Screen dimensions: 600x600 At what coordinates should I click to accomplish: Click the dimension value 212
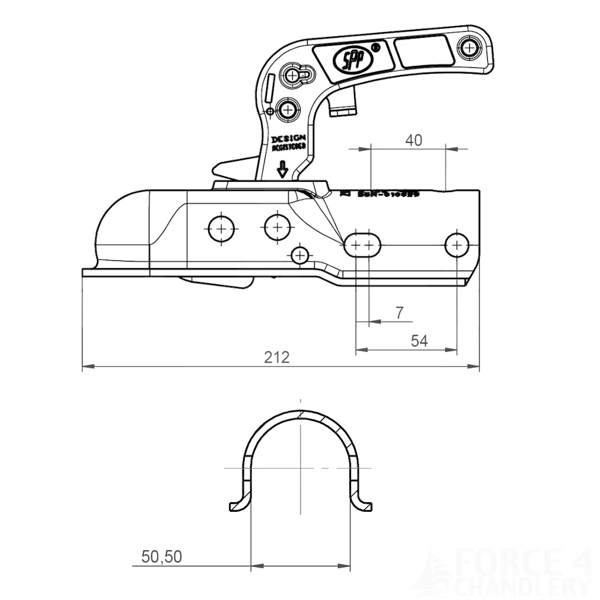point(277,358)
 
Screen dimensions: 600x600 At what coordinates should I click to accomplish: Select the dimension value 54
point(419,341)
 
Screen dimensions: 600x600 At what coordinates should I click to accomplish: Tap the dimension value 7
point(400,313)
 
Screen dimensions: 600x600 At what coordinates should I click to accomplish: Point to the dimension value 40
point(414,140)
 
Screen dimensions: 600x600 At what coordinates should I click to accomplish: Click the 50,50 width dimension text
point(161,557)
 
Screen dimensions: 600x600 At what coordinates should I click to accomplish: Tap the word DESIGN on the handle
point(289,139)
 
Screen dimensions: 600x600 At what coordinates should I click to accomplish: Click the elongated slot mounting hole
point(362,245)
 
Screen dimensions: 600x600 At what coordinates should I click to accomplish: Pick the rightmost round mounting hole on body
point(457,244)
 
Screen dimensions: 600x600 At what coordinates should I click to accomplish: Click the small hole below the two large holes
point(299,256)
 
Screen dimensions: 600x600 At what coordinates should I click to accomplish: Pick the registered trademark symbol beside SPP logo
point(376,46)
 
